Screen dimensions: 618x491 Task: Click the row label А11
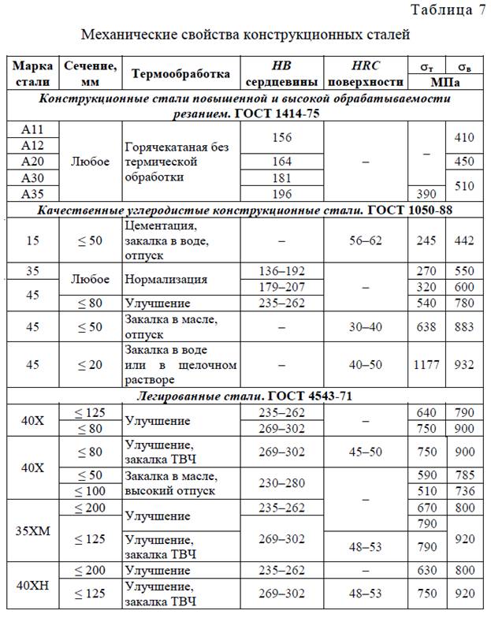tap(33, 129)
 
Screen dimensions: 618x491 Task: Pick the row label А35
tap(33, 194)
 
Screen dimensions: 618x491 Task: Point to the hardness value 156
tap(281, 137)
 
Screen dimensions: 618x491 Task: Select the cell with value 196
tap(281, 194)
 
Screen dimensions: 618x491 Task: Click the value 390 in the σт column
tap(426, 194)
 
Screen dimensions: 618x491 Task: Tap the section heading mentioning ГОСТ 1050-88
tap(245, 210)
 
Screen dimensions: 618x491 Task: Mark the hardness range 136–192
tap(281, 271)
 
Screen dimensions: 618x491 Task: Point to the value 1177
tap(426, 365)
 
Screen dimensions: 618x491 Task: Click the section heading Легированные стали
tap(245, 396)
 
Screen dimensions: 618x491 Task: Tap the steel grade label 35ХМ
tap(33, 530)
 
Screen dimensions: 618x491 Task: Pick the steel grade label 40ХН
tap(33, 584)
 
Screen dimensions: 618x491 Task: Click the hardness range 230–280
tap(281, 484)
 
